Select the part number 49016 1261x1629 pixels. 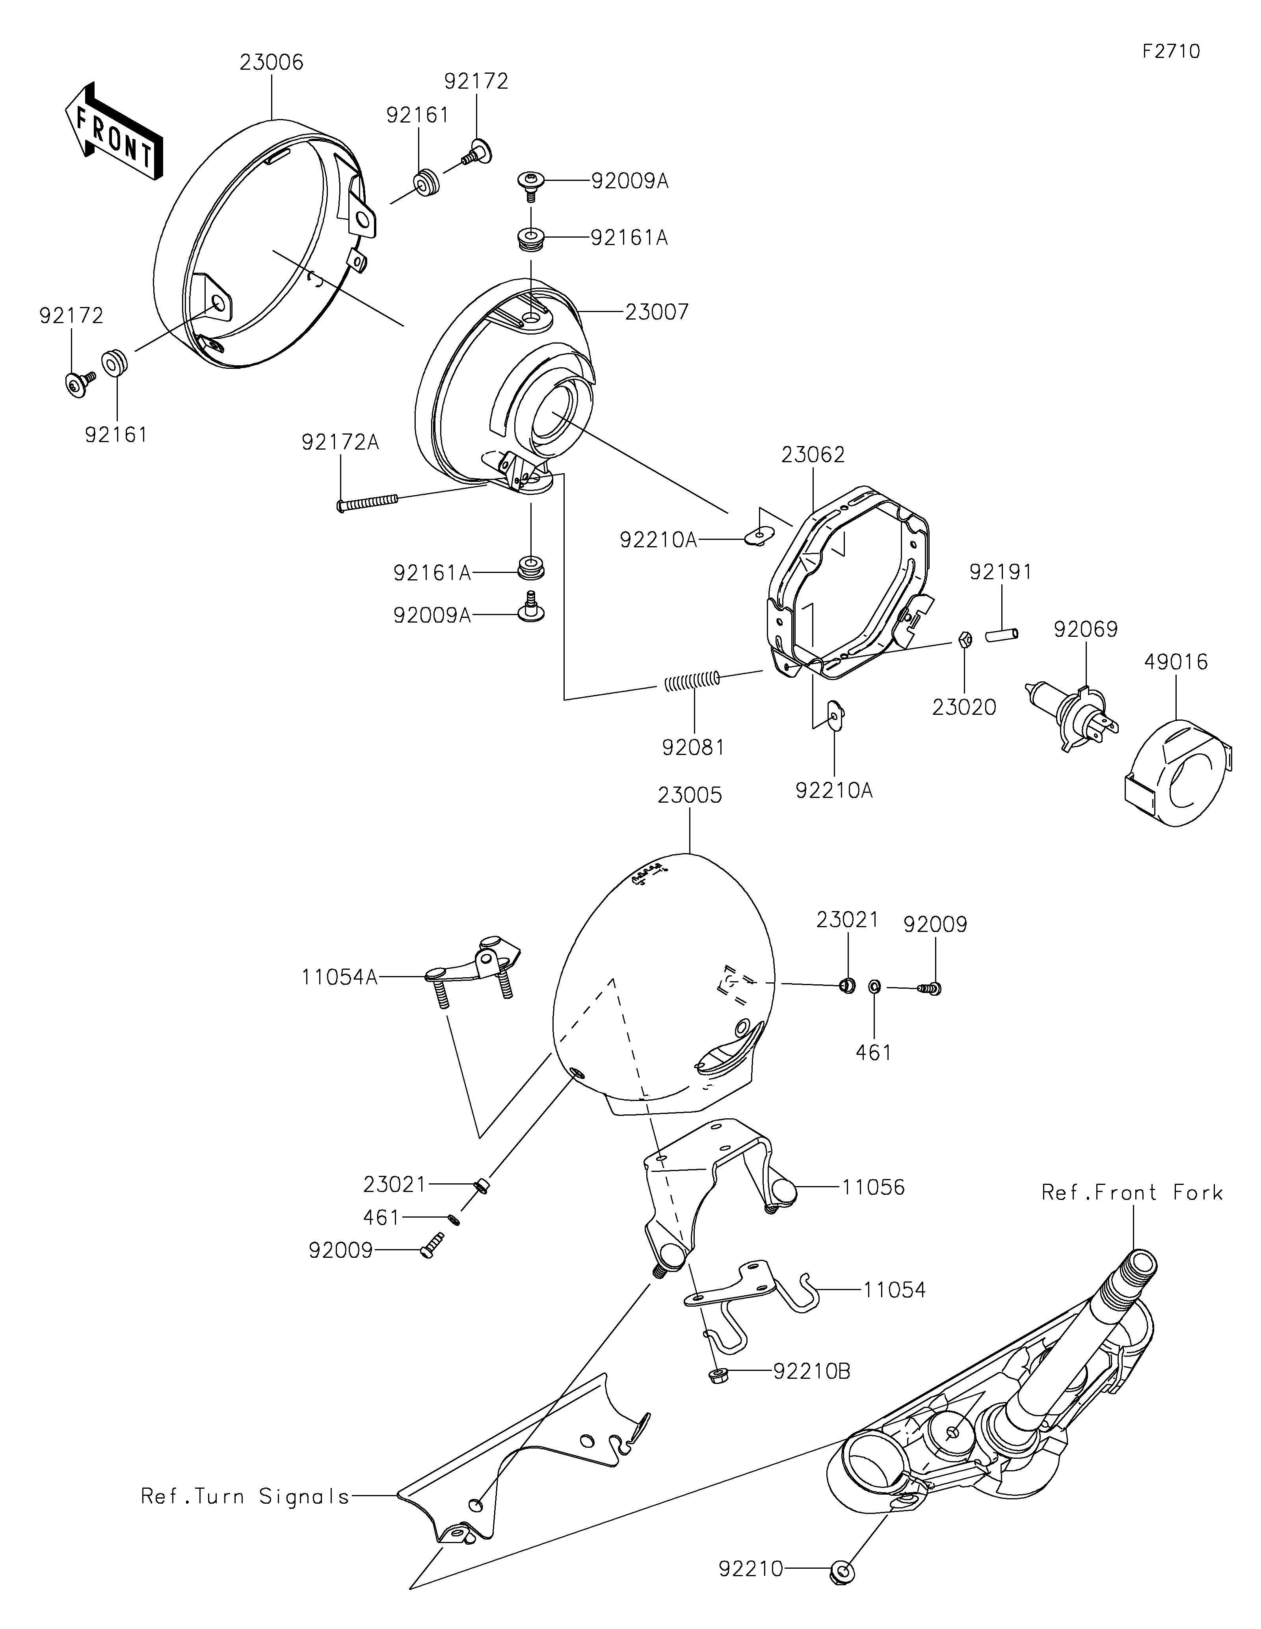click(x=1176, y=662)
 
